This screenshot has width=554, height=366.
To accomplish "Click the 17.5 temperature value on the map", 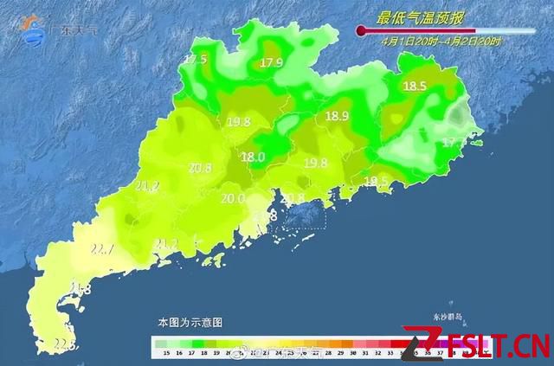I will pyautogui.click(x=196, y=60).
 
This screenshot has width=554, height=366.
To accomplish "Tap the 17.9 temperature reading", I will pyautogui.click(x=273, y=62).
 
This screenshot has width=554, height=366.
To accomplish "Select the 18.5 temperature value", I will pyautogui.click(x=415, y=86).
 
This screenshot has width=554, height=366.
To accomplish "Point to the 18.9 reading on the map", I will pyautogui.click(x=337, y=116).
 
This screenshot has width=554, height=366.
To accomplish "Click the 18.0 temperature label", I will pyautogui.click(x=253, y=157).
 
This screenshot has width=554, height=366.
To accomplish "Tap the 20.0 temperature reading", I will pyautogui.click(x=233, y=198).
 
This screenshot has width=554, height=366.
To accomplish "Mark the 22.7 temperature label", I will pyautogui.click(x=103, y=250).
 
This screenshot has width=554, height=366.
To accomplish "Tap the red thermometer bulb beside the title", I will pyautogui.click(x=361, y=31).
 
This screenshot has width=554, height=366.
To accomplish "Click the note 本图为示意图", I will pyautogui.click(x=190, y=321).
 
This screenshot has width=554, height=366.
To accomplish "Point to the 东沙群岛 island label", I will pyautogui.click(x=451, y=318).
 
